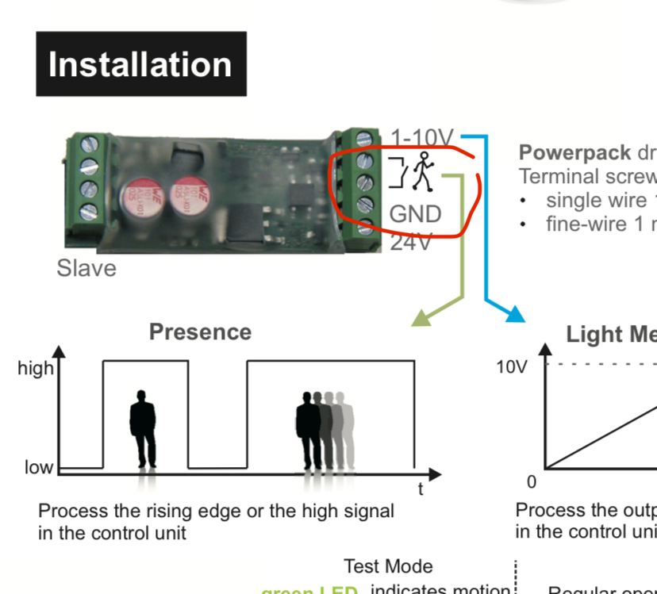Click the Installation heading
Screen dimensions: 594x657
coord(140,64)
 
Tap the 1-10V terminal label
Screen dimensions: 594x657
coord(422,138)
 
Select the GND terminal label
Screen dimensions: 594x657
coord(415,214)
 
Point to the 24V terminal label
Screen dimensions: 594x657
coord(412,242)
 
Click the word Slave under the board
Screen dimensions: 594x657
coord(86,268)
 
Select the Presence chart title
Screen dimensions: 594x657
coord(200,331)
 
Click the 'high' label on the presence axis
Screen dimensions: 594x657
coord(36,368)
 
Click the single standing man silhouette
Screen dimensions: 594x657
coord(143,429)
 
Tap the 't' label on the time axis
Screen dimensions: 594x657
coord(421,489)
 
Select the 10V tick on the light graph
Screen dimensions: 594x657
coord(511,367)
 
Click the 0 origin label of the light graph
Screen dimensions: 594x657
coord(531,481)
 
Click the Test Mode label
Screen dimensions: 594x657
coord(388,566)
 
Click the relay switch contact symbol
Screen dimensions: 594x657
coord(398,174)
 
